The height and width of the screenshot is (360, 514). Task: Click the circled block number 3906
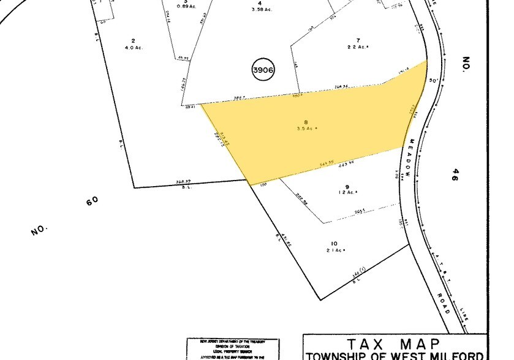263,70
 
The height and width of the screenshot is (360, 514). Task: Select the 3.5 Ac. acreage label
307,129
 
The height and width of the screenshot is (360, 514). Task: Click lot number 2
133,40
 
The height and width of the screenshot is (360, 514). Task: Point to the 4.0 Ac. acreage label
134,48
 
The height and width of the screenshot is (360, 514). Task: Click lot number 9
347,187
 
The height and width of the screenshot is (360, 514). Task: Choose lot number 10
334,243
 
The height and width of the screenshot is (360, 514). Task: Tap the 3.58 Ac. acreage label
260,10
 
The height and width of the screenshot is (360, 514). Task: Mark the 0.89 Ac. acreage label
186,6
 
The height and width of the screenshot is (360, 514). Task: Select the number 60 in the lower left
92,201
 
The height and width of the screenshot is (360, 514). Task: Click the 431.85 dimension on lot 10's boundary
287,246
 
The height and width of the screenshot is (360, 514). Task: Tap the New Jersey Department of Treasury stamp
233,348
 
